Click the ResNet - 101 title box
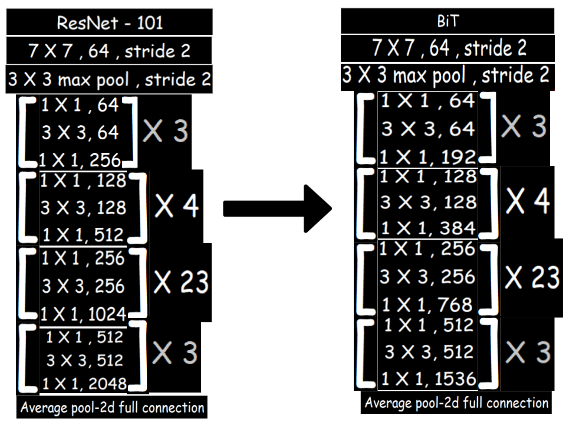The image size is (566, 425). pos(110,22)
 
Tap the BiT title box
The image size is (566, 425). pos(447,22)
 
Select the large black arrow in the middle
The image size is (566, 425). pos(278,208)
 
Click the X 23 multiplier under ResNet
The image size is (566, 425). pos(182,283)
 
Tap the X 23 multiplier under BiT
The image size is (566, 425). pos(532,276)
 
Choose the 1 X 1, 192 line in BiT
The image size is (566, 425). pos(429,156)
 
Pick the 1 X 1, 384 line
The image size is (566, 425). pos(428,228)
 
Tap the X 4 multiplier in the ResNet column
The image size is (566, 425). pos(177,205)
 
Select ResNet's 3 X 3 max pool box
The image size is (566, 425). pos(110,79)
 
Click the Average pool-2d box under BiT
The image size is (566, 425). pos(456,403)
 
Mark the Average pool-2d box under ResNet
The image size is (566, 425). pos(112,407)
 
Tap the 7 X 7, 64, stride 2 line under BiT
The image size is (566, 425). pos(449,48)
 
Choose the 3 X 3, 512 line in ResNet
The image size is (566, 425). pos(84,360)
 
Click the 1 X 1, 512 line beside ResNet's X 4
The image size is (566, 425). pos(83,235)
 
